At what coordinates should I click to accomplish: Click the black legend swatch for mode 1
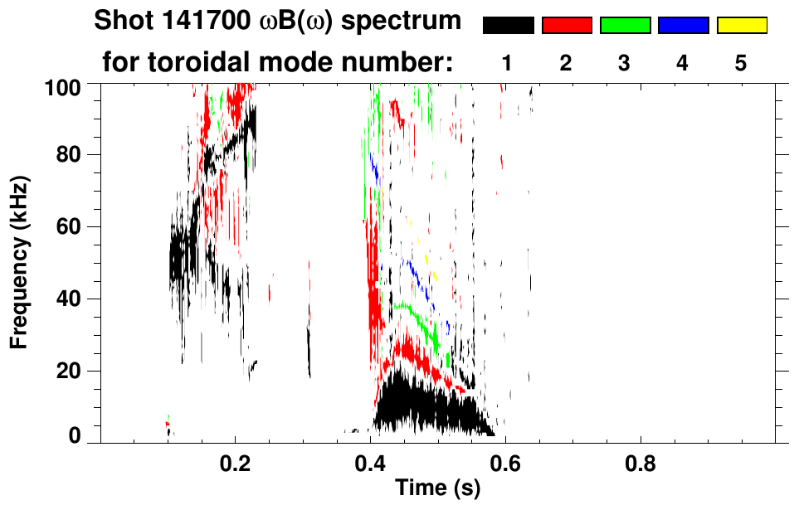pos(508,26)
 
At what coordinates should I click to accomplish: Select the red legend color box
pos(566,26)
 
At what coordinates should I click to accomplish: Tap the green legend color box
pos(624,26)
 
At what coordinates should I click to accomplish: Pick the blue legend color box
pos(683,26)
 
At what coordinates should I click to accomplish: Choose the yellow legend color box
pos(741,26)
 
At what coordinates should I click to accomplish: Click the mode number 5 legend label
pos(741,63)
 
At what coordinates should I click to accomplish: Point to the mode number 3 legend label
pos(624,63)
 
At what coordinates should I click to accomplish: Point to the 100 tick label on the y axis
pos(65,86)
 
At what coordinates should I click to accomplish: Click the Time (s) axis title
pos(436,489)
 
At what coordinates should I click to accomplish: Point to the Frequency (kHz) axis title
pos(20,262)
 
